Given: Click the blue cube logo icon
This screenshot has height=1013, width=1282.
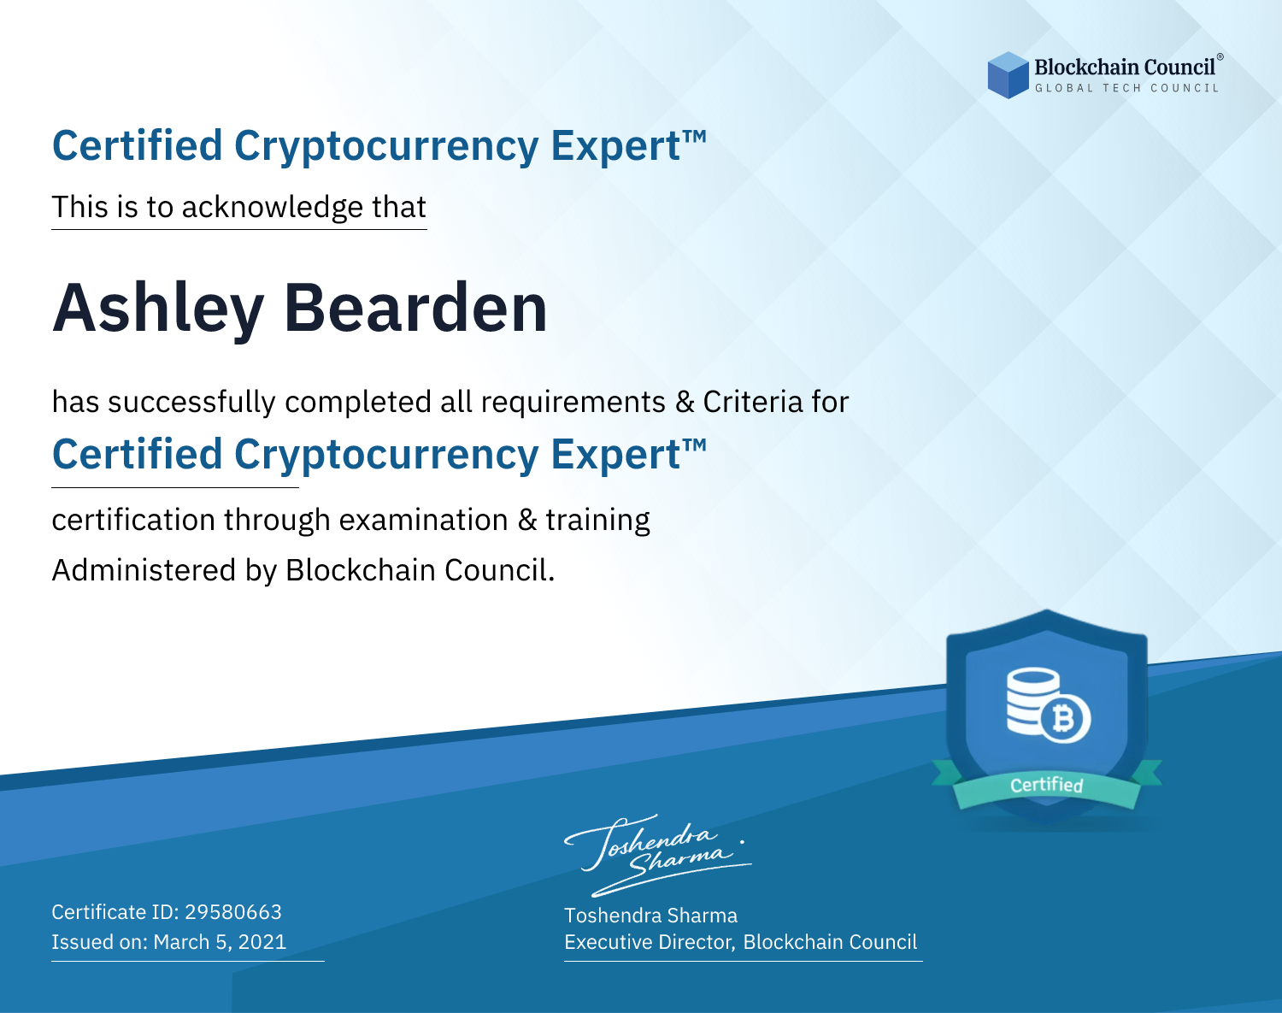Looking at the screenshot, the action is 1008,75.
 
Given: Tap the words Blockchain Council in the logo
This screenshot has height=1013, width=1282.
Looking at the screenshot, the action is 1125,68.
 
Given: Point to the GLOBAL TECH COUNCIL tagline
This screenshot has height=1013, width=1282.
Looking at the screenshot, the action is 1126,88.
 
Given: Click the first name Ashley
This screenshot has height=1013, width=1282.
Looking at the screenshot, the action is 158,309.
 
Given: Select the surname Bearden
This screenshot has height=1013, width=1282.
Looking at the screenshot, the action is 415,308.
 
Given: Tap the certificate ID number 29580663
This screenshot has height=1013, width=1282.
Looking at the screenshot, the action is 233,911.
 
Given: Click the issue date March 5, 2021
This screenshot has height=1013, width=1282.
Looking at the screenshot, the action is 220,941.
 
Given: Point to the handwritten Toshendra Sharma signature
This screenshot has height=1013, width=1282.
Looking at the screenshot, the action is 658,855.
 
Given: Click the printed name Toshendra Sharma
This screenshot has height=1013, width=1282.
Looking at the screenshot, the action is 650,916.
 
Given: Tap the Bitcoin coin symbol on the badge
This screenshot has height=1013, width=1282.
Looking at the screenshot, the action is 1065,719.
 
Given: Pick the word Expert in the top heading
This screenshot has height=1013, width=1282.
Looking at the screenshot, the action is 616,146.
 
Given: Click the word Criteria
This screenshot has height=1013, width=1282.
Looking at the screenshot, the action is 752,402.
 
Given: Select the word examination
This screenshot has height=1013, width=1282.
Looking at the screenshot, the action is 423,520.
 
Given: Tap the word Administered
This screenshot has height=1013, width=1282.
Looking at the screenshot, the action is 144,570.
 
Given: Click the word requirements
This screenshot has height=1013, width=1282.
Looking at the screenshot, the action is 573,403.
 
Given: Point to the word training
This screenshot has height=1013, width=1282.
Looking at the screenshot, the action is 597,521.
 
